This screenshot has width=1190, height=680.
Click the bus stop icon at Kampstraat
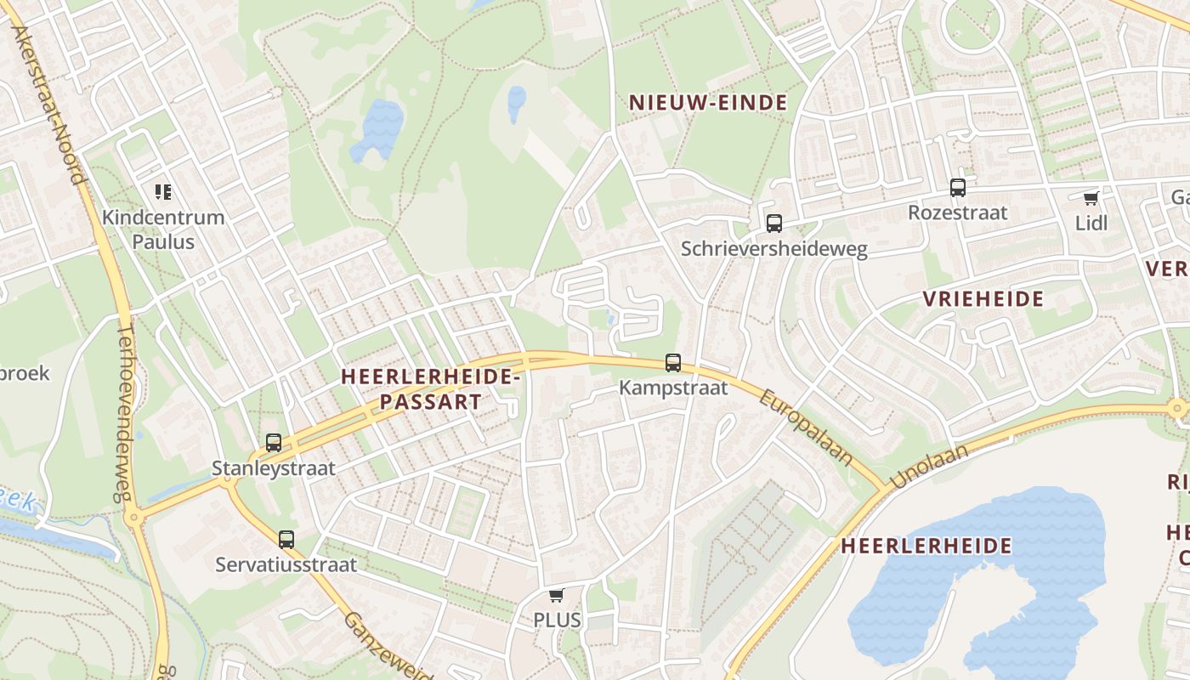coord(673,363)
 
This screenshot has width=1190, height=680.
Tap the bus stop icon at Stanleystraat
coord(273,443)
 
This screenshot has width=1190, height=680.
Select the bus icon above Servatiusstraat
coord(286,539)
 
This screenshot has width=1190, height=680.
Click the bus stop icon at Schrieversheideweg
coord(773,224)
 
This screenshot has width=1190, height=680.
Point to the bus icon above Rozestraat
coord(958,188)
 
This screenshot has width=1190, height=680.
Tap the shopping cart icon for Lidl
coord(1091,199)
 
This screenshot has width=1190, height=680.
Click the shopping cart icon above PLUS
coord(557,596)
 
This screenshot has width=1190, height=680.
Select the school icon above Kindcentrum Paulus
coord(163,192)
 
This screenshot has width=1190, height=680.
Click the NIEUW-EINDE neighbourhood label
coord(707,103)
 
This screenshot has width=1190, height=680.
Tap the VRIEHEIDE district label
coord(983,299)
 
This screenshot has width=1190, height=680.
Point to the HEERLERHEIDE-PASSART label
coord(429,389)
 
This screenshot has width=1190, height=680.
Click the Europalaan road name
coord(806,428)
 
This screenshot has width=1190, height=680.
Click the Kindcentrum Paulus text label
coord(163,229)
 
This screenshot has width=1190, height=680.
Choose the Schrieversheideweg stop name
coord(773,249)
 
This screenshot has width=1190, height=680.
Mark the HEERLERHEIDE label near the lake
coord(926,546)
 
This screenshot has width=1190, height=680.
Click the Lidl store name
coord(1091,224)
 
